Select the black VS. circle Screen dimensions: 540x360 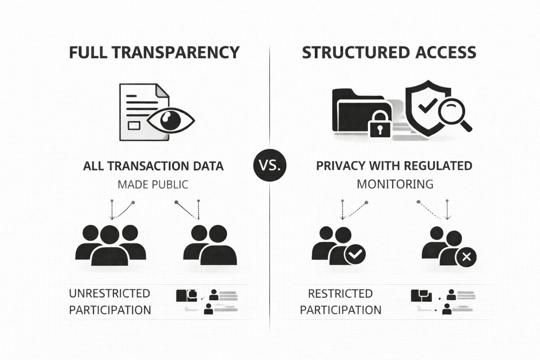click(270, 165)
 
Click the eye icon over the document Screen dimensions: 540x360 click(171, 120)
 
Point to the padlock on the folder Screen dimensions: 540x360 click(380, 125)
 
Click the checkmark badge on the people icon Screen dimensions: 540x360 click(355, 254)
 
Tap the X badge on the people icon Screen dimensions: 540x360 click(466, 257)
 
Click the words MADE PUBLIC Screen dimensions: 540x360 click(153, 184)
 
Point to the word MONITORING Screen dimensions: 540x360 click(395, 184)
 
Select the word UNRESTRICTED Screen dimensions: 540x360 click(110, 293)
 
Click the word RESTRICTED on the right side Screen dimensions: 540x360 click(340, 294)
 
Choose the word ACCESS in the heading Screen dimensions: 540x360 click(445, 52)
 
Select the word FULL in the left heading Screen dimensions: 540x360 click(88, 52)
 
